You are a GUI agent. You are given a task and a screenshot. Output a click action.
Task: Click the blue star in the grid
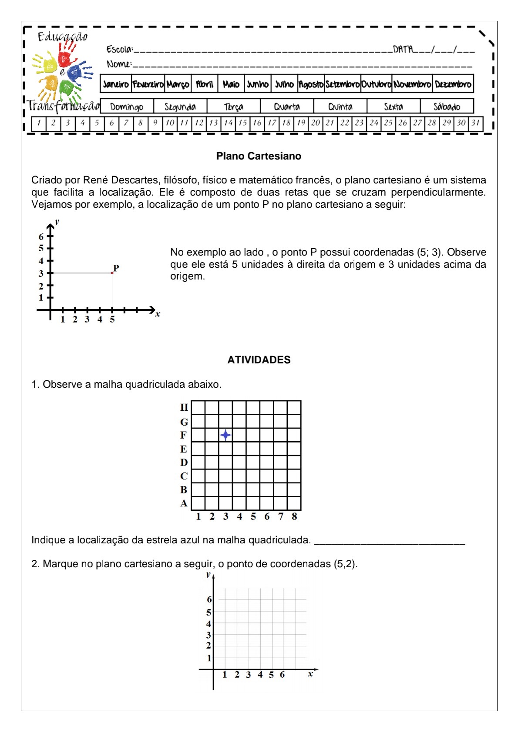(225, 435)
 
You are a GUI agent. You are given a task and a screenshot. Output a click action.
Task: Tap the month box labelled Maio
(231, 84)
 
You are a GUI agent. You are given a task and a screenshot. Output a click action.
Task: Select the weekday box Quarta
(287, 106)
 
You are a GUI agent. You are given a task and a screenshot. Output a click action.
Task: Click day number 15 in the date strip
(242, 123)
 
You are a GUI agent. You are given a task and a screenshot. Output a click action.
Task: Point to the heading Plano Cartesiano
(259, 156)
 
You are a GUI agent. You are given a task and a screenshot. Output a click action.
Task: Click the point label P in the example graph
(116, 268)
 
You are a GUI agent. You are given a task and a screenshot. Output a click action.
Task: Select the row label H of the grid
(184, 407)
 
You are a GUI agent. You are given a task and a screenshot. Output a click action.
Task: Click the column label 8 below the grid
(294, 516)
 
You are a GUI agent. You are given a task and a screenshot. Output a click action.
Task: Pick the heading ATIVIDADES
(259, 360)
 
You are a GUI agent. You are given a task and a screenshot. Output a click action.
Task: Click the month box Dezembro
(453, 84)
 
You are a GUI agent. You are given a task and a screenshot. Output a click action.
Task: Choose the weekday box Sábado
(447, 106)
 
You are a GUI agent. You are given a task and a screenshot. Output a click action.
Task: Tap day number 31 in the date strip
(475, 123)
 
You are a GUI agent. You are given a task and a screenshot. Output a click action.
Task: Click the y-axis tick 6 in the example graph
(41, 237)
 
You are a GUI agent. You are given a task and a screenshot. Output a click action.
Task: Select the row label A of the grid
(184, 503)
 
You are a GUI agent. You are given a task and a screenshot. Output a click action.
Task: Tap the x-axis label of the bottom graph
(310, 674)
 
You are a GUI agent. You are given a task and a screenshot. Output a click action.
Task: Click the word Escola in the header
(119, 49)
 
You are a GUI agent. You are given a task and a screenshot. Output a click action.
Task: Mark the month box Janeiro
(116, 84)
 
